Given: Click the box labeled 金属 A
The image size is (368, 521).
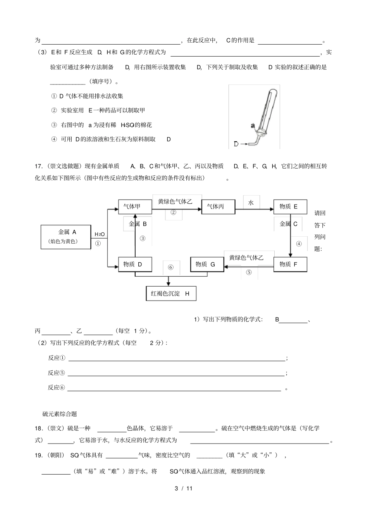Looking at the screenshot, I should [x=66, y=236].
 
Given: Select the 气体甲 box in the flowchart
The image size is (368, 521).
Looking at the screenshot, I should [x=134, y=206].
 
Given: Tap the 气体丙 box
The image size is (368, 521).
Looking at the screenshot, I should [x=218, y=206].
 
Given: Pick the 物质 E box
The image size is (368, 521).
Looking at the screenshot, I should [x=290, y=206].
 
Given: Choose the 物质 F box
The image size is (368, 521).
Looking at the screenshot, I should [x=290, y=264].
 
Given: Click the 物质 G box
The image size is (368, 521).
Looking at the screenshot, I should [x=207, y=264].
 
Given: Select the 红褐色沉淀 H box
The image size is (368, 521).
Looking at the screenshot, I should [x=171, y=293].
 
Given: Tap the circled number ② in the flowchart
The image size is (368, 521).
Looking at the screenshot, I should [x=174, y=212].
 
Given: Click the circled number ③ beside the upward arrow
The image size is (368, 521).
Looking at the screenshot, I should [x=143, y=238].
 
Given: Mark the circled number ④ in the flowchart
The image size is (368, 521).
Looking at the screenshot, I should [x=299, y=244].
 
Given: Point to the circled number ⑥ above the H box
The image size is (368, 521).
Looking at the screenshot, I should [x=171, y=267].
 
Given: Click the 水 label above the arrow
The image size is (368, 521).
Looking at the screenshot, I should [x=251, y=203].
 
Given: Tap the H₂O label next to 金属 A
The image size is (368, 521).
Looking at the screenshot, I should [x=100, y=234].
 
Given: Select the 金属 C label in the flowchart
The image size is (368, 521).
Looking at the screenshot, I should [x=289, y=224].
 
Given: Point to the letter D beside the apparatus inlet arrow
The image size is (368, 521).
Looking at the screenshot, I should [x=236, y=144].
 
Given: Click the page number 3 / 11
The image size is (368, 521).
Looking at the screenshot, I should [x=184, y=488].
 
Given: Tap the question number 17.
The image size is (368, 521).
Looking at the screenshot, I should [x=38, y=166].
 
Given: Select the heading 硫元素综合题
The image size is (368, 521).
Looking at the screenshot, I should [x=60, y=414].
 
